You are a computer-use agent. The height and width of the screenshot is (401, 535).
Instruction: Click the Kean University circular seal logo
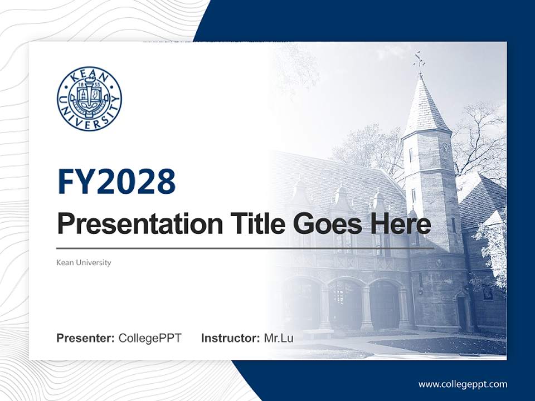pos(89,99)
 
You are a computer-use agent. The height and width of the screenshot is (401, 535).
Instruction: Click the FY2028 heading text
pos(116,182)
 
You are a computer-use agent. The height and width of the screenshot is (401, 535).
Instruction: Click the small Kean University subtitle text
pos(84,262)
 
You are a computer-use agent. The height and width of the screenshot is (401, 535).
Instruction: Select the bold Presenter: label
pos(86,338)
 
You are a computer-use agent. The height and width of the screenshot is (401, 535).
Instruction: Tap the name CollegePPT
pos(150,338)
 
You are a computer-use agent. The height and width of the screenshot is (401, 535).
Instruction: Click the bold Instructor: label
pos(230,338)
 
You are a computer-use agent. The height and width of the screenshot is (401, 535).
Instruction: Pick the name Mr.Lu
pos(279,338)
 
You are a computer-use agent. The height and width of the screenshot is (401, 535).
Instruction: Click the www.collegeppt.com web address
pos(463,384)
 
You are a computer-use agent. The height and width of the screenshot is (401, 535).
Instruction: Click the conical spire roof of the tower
pos(425,106)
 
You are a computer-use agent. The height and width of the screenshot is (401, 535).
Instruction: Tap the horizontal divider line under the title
pos(245,248)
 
